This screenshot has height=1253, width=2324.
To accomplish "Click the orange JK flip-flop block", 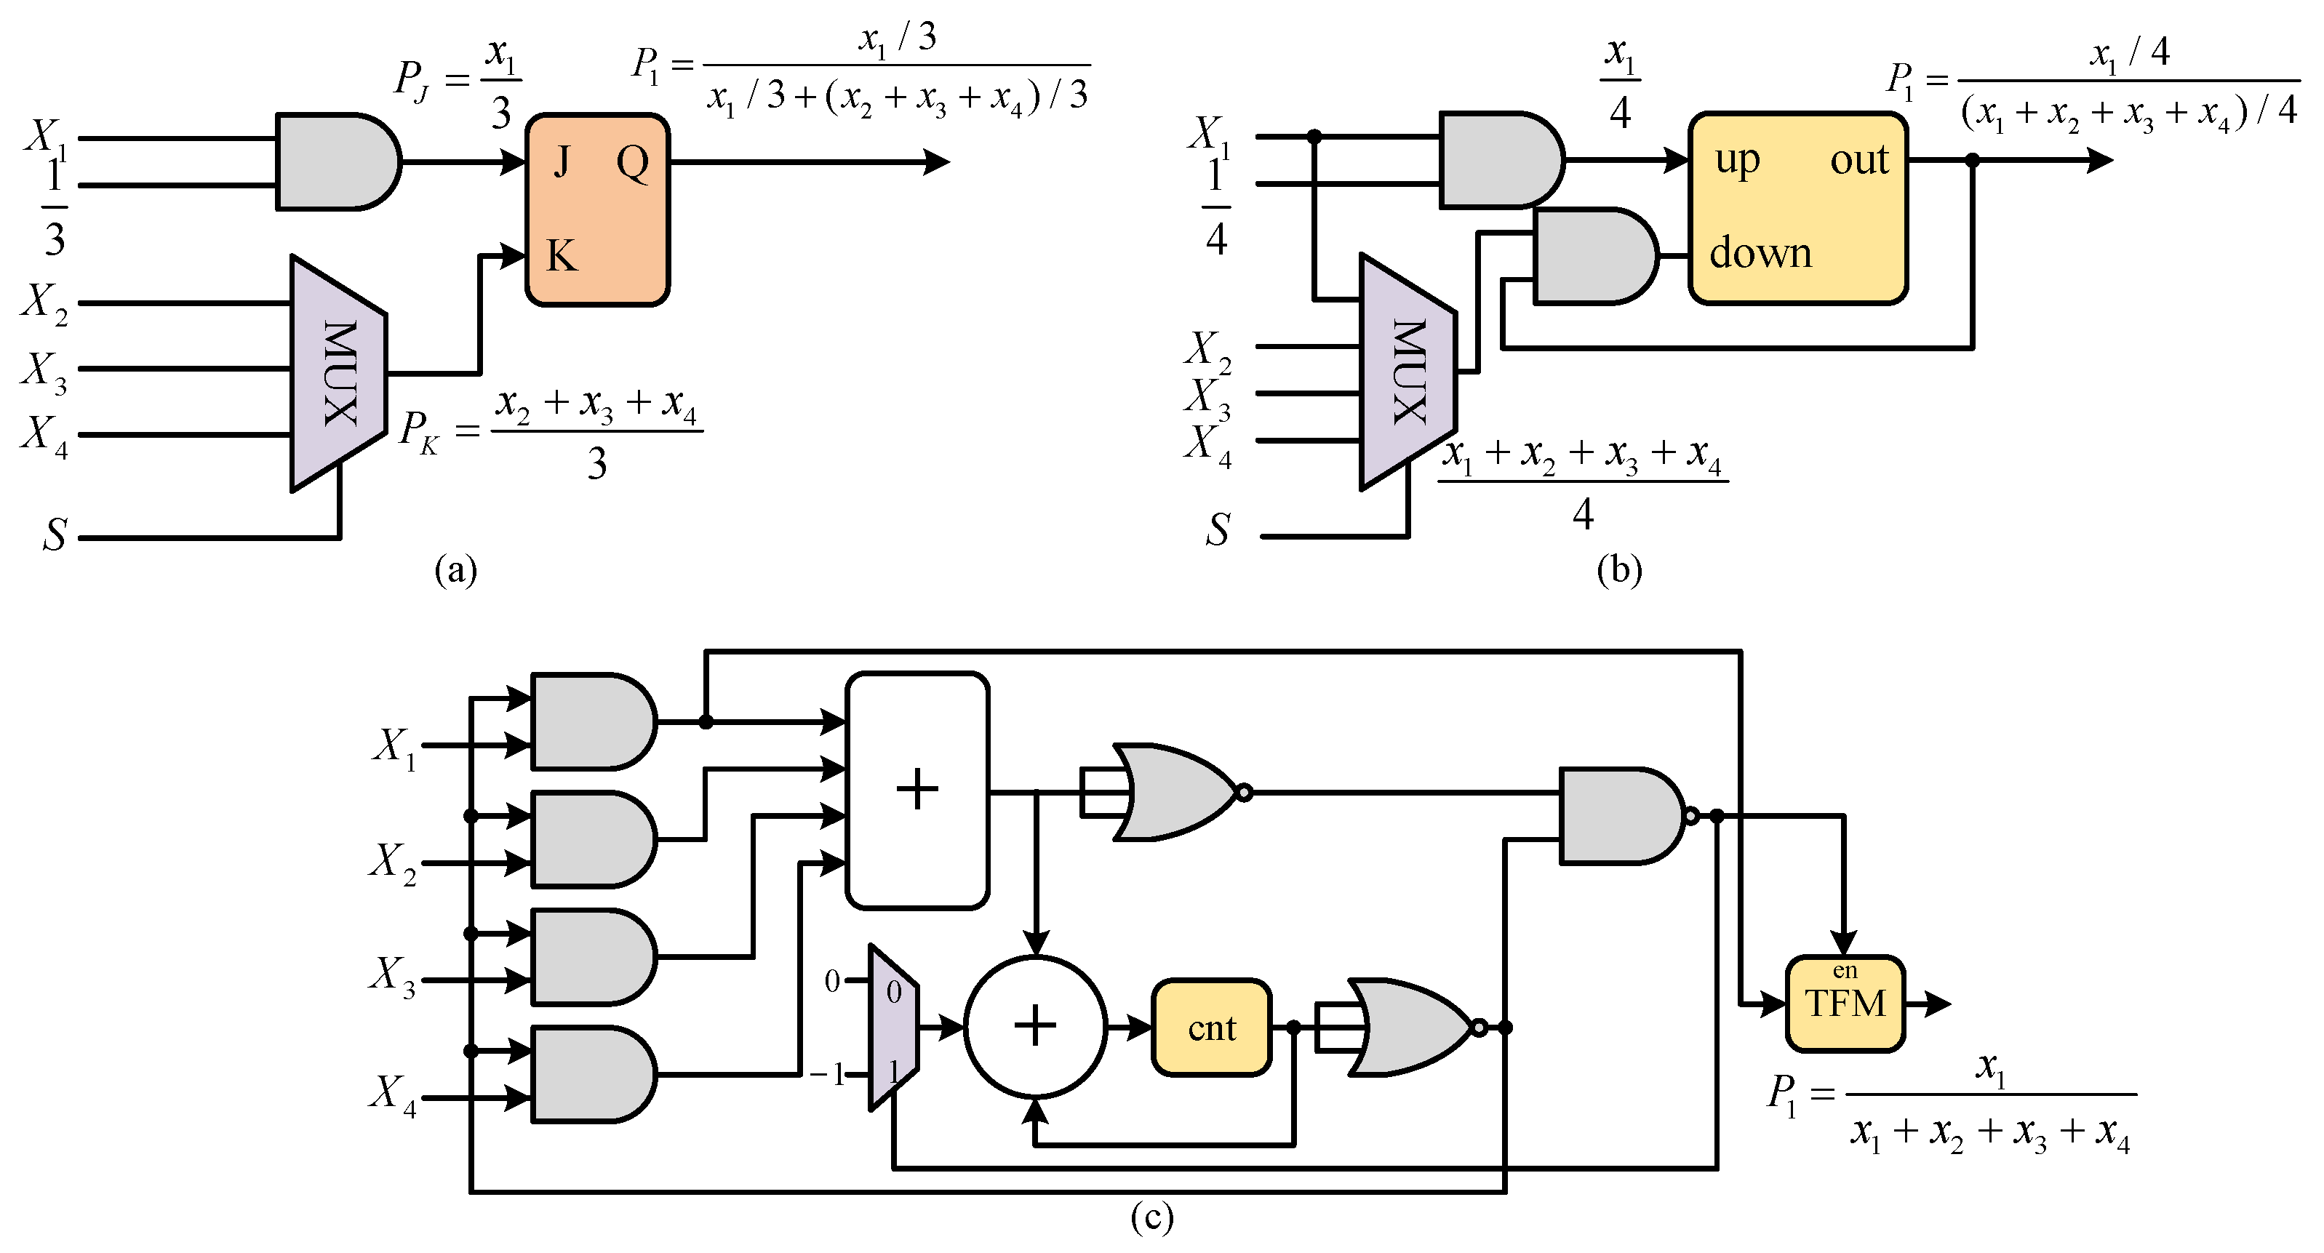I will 597,209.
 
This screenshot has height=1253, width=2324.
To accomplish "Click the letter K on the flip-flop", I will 561,256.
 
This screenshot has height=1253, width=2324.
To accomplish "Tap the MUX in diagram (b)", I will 1408,372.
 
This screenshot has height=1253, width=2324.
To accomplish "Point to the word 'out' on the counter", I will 1858,161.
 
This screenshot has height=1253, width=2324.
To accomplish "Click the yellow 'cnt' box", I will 1210,1028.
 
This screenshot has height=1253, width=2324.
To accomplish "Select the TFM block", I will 1845,1003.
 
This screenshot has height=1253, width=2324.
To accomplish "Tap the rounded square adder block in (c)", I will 917,790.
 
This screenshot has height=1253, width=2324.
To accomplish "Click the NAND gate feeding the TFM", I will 1621,817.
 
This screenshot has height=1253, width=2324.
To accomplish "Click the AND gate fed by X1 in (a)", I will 338,161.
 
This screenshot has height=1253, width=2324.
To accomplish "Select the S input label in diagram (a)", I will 54,534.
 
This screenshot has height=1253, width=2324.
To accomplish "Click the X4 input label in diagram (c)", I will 394,1093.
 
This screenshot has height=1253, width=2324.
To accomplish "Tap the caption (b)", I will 1618,570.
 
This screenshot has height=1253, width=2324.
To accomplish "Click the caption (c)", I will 1152,1218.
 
